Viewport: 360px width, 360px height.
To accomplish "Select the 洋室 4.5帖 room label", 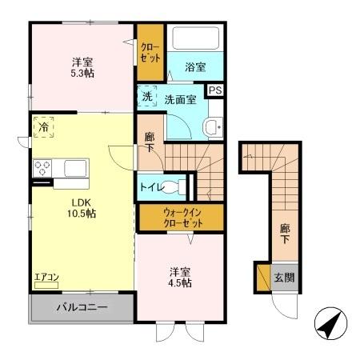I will click(x=179, y=276).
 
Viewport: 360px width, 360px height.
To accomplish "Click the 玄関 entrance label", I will click(x=285, y=278).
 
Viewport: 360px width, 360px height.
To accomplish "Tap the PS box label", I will click(x=214, y=91).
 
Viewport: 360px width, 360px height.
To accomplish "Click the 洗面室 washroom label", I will click(x=182, y=100).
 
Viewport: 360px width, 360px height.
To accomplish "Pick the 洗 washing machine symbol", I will click(x=147, y=96).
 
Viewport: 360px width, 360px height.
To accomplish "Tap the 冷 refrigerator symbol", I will click(x=42, y=126).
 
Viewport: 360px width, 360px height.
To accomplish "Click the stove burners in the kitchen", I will click(x=42, y=168).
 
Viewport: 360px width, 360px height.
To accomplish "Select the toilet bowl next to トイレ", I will click(x=182, y=188).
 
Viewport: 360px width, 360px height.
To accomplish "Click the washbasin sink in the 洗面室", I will click(x=212, y=126).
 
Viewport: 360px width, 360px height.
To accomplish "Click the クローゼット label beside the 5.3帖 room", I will click(x=150, y=53).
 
